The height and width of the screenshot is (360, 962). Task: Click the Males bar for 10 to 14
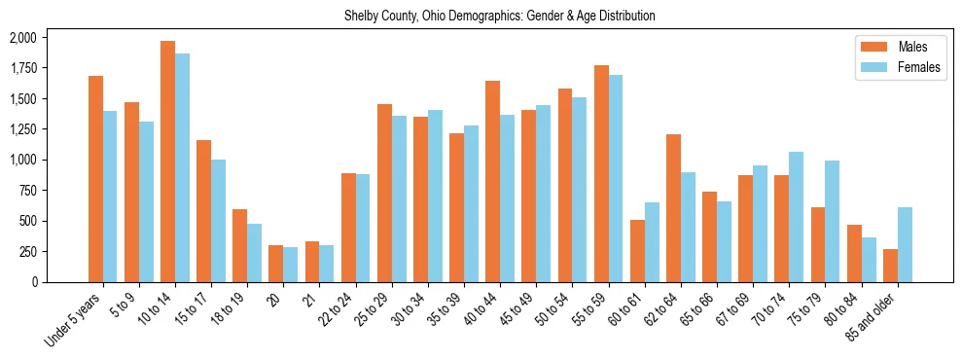tap(167, 162)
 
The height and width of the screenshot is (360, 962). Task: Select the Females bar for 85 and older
tap(906, 244)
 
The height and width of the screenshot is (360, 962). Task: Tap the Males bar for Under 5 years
tap(95, 179)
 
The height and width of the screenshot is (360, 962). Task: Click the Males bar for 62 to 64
tap(673, 208)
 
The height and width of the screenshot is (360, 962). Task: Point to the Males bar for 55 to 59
tap(601, 173)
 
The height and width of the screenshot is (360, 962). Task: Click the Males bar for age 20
tap(275, 264)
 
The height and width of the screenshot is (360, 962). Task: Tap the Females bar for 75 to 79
tap(833, 221)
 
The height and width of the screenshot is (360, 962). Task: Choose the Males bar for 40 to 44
tap(492, 181)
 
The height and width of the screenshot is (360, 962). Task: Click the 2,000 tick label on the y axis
tap(23, 38)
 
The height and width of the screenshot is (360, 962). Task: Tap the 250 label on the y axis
tap(27, 251)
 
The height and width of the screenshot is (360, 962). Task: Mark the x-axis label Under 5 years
tap(76, 316)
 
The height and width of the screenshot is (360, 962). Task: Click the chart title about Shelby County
tap(500, 17)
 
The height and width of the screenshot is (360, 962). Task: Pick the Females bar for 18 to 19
tap(255, 253)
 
